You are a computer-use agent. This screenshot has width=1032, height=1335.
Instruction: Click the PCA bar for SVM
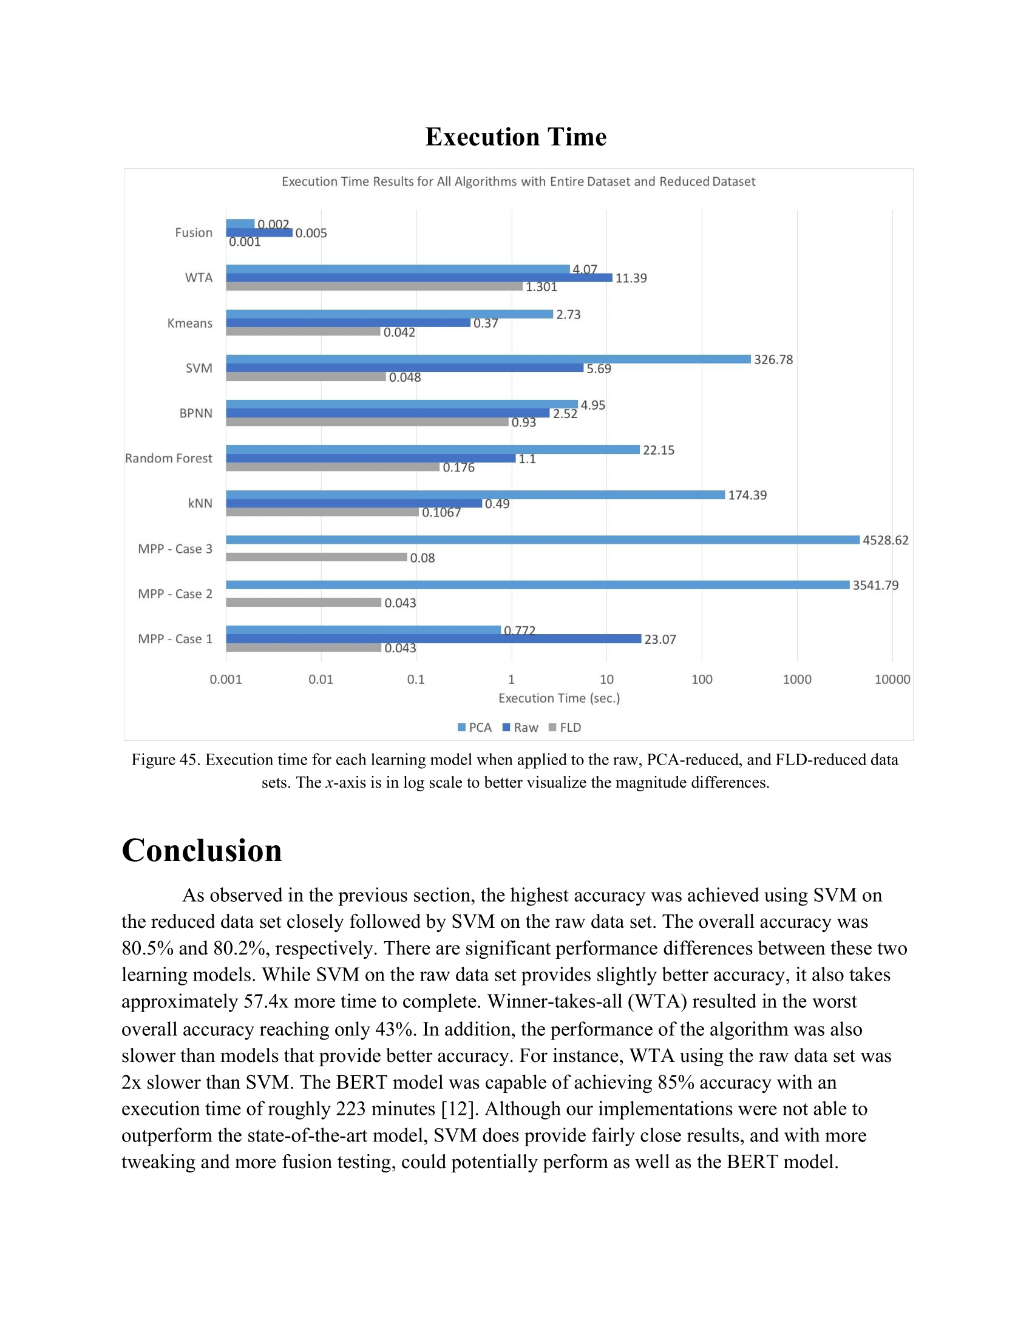[x=488, y=359]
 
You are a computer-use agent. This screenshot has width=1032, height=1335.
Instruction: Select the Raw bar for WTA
[x=419, y=278]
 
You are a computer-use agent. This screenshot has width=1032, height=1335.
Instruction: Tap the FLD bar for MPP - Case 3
[x=316, y=557]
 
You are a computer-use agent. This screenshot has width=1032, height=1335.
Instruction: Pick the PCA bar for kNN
[x=475, y=495]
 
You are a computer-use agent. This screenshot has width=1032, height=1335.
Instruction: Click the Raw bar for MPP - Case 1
[x=433, y=639]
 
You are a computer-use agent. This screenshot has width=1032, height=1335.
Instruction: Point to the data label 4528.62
[x=885, y=540]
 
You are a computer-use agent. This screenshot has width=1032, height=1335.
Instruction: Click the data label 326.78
[x=773, y=360]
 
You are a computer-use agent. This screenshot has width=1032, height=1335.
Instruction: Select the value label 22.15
[x=659, y=450]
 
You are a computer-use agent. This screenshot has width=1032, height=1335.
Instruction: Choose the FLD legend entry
[x=565, y=728]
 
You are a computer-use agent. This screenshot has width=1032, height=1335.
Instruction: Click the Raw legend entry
[x=520, y=728]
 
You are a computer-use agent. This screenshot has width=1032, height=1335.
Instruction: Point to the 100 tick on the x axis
[x=702, y=679]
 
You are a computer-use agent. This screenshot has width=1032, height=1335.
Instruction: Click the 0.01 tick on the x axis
[x=321, y=679]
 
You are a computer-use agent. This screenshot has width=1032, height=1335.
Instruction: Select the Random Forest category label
[x=169, y=458]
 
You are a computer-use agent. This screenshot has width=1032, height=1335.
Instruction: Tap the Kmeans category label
[x=189, y=323]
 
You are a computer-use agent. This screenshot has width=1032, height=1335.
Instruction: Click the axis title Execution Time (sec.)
[x=558, y=698]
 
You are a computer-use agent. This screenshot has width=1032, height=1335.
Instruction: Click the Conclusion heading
[x=202, y=850]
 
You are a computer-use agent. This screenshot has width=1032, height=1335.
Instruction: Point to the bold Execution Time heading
[x=516, y=137]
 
